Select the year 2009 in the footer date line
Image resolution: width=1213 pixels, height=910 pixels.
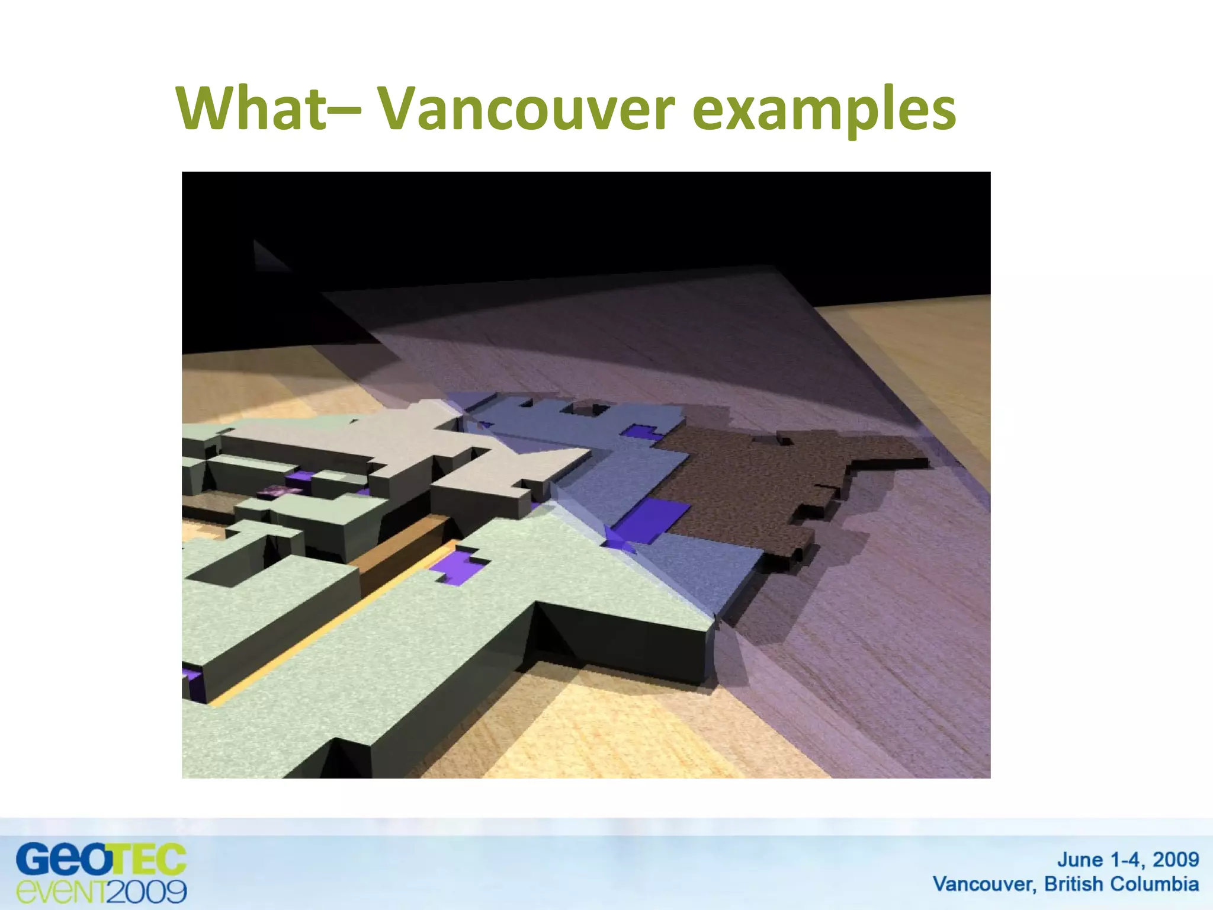[x=1176, y=860]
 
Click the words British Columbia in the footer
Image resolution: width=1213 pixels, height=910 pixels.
[x=1121, y=884]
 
